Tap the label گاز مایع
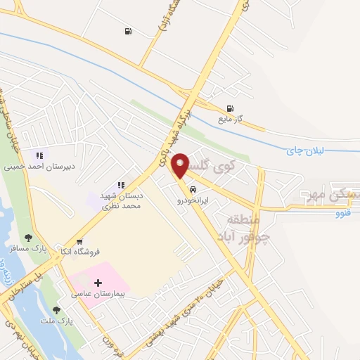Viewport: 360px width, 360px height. click(229, 119)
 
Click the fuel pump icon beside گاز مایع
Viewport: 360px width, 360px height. click(229, 108)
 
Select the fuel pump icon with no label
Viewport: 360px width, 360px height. click(127, 30)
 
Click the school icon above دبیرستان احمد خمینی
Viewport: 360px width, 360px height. click(40, 155)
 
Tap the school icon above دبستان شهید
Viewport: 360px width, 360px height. click(121, 185)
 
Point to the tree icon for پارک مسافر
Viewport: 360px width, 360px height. click(28, 238)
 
